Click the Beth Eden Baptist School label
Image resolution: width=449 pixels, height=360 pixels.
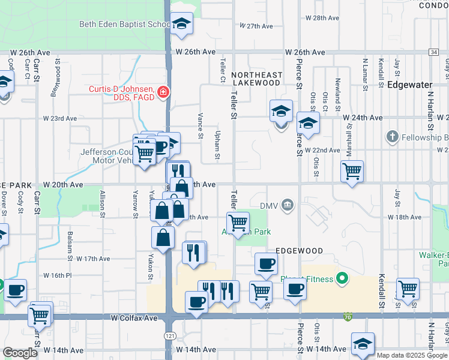tap(125, 25)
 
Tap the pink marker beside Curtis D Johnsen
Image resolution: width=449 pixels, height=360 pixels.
tap(163, 92)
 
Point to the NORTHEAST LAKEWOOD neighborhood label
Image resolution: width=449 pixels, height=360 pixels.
tap(256, 78)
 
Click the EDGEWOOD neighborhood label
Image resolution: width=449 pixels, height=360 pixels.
tap(299, 251)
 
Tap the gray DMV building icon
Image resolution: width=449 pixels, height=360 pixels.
tap(288, 206)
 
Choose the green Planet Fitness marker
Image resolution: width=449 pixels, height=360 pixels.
tap(342, 278)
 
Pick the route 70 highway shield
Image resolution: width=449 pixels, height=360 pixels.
tap(348, 316)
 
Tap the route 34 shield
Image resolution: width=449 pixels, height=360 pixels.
tap(433, 53)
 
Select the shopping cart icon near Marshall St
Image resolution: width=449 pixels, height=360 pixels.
tap(352, 170)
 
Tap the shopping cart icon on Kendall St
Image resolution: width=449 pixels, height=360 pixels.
tap(408, 288)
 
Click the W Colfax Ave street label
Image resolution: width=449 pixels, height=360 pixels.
tap(133, 318)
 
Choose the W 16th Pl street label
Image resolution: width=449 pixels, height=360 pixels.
tap(57, 275)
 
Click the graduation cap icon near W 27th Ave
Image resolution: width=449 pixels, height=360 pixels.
tap(182, 23)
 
